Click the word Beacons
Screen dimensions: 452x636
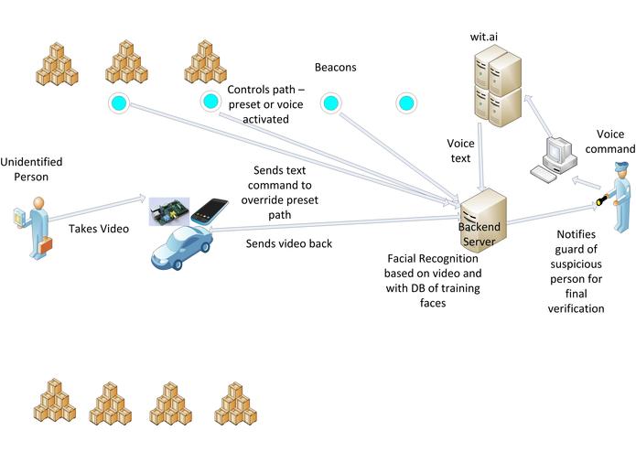pyautogui.click(x=335, y=68)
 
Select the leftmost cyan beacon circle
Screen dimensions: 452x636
pyautogui.click(x=118, y=102)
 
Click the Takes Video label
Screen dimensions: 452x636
pyautogui.click(x=99, y=231)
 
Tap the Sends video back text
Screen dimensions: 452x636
pyautogui.click(x=288, y=243)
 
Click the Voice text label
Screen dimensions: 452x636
pyautogui.click(x=458, y=151)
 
